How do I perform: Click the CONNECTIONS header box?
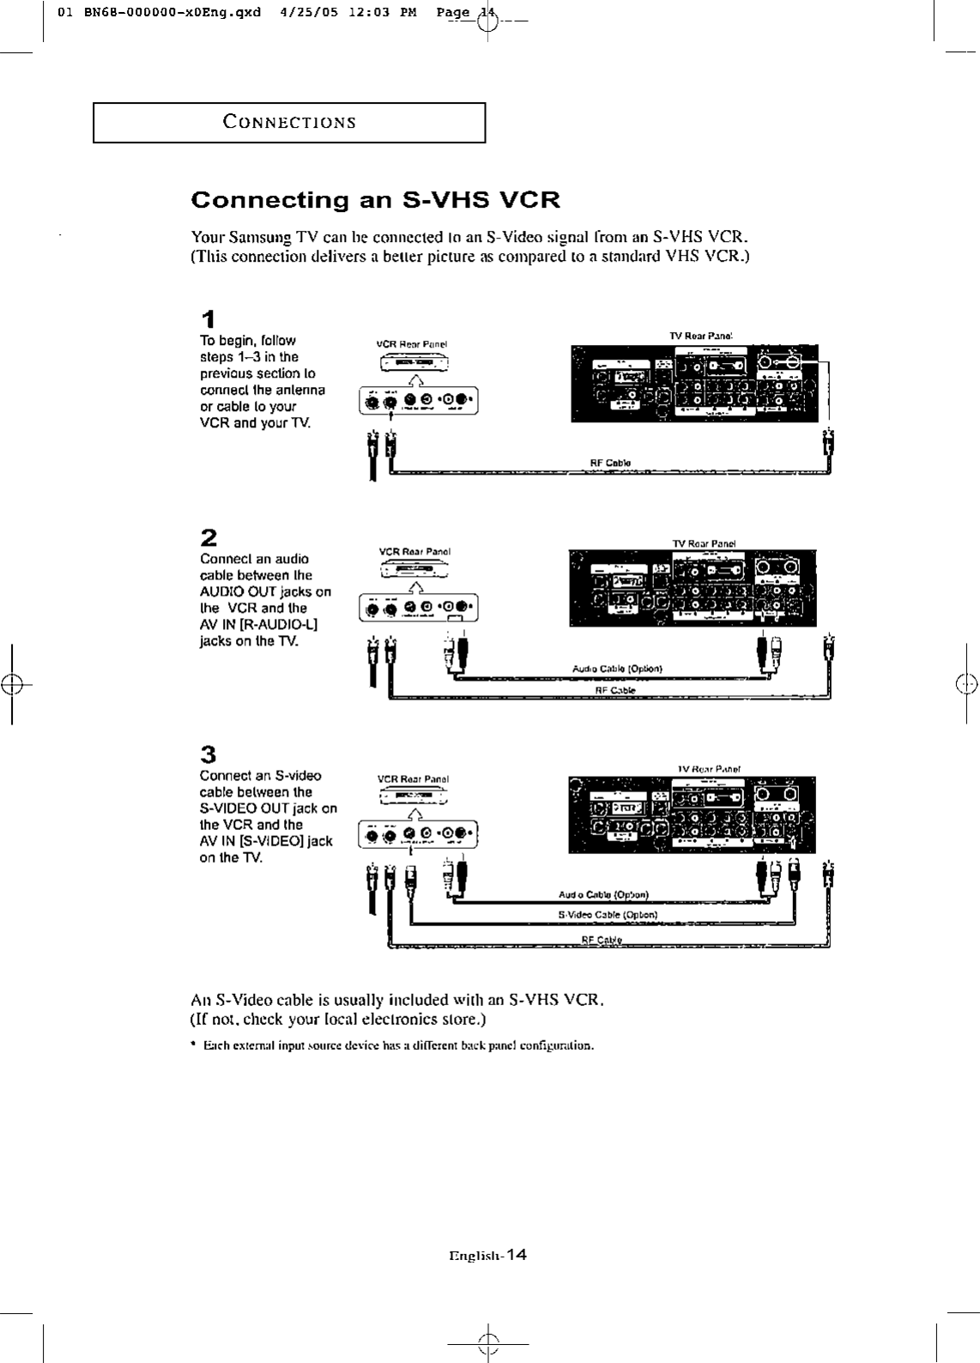[x=289, y=122]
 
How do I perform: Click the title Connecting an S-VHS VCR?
[x=375, y=200]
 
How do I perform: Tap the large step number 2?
[x=208, y=538]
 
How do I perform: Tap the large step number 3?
[x=208, y=754]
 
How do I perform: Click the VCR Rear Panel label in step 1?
[x=412, y=344]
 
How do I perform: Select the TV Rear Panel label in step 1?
[x=699, y=336]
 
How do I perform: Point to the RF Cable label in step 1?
[x=610, y=463]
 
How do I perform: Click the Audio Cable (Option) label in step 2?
[x=616, y=668]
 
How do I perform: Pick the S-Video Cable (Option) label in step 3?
[x=608, y=914]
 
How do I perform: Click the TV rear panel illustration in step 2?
[x=692, y=588]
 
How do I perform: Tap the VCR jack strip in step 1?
[x=417, y=401]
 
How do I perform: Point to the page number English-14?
[x=487, y=1255]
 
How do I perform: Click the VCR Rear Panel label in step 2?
[x=414, y=552]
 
